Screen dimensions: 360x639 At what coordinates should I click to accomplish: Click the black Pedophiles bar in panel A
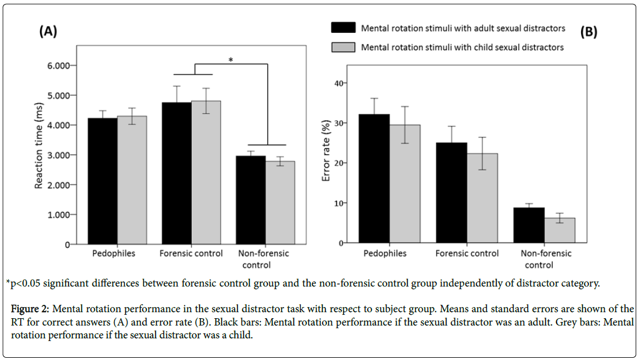(103, 181)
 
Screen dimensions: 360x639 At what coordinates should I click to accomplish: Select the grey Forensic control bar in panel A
(206, 173)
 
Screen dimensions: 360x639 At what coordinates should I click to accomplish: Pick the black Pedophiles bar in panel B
(374, 178)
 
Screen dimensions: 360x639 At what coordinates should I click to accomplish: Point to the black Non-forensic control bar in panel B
(529, 225)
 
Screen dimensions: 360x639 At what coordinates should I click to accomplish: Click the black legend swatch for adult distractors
(344, 28)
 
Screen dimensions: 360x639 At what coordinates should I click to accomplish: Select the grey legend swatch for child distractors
(344, 47)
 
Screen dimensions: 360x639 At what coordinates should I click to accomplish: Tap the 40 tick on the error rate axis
(338, 83)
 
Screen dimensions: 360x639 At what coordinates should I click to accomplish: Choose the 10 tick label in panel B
(338, 203)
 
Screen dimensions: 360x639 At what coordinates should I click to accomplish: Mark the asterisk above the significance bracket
(231, 60)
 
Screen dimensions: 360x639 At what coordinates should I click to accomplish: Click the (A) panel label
(48, 32)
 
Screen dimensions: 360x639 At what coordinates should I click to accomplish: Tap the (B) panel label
(588, 32)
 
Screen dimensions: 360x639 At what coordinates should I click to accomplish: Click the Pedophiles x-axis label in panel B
(385, 254)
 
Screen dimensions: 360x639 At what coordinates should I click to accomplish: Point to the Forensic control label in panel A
(191, 254)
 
